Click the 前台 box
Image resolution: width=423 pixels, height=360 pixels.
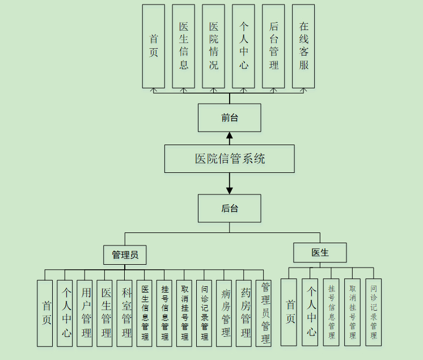pyautogui.click(x=229, y=118)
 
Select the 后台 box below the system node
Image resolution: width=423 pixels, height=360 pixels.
pyautogui.click(x=229, y=208)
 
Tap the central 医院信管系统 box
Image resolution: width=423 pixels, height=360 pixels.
pyautogui.click(x=229, y=159)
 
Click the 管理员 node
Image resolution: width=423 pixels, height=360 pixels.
pyautogui.click(x=125, y=255)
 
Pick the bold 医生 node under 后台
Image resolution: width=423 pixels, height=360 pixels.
pyautogui.click(x=320, y=252)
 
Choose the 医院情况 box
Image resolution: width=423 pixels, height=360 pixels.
pyautogui.click(x=213, y=46)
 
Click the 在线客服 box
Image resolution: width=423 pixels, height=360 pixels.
pyautogui.click(x=303, y=46)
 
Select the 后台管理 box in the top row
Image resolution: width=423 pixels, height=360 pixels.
pyautogui.click(x=273, y=46)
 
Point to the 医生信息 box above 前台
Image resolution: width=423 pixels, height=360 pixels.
pyautogui.click(x=183, y=46)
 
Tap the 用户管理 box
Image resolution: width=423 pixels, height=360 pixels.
pyautogui.click(x=84, y=313)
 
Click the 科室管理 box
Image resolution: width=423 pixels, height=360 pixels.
pyautogui.click(x=125, y=313)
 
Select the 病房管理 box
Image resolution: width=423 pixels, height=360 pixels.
pyautogui.click(x=224, y=313)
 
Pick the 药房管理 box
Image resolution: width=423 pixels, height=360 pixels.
pyautogui.click(x=244, y=313)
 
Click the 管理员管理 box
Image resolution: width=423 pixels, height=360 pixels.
pyautogui.click(x=264, y=313)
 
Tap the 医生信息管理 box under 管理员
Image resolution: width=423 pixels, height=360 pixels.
pyautogui.click(x=145, y=313)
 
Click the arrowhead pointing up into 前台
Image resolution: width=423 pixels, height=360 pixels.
pyautogui.click(x=230, y=135)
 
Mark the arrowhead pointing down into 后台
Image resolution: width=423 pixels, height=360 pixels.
pyautogui.click(x=230, y=190)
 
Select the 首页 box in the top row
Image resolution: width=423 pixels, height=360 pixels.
pyautogui.click(x=153, y=46)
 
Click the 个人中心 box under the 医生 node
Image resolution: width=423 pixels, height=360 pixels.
pyautogui.click(x=310, y=312)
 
